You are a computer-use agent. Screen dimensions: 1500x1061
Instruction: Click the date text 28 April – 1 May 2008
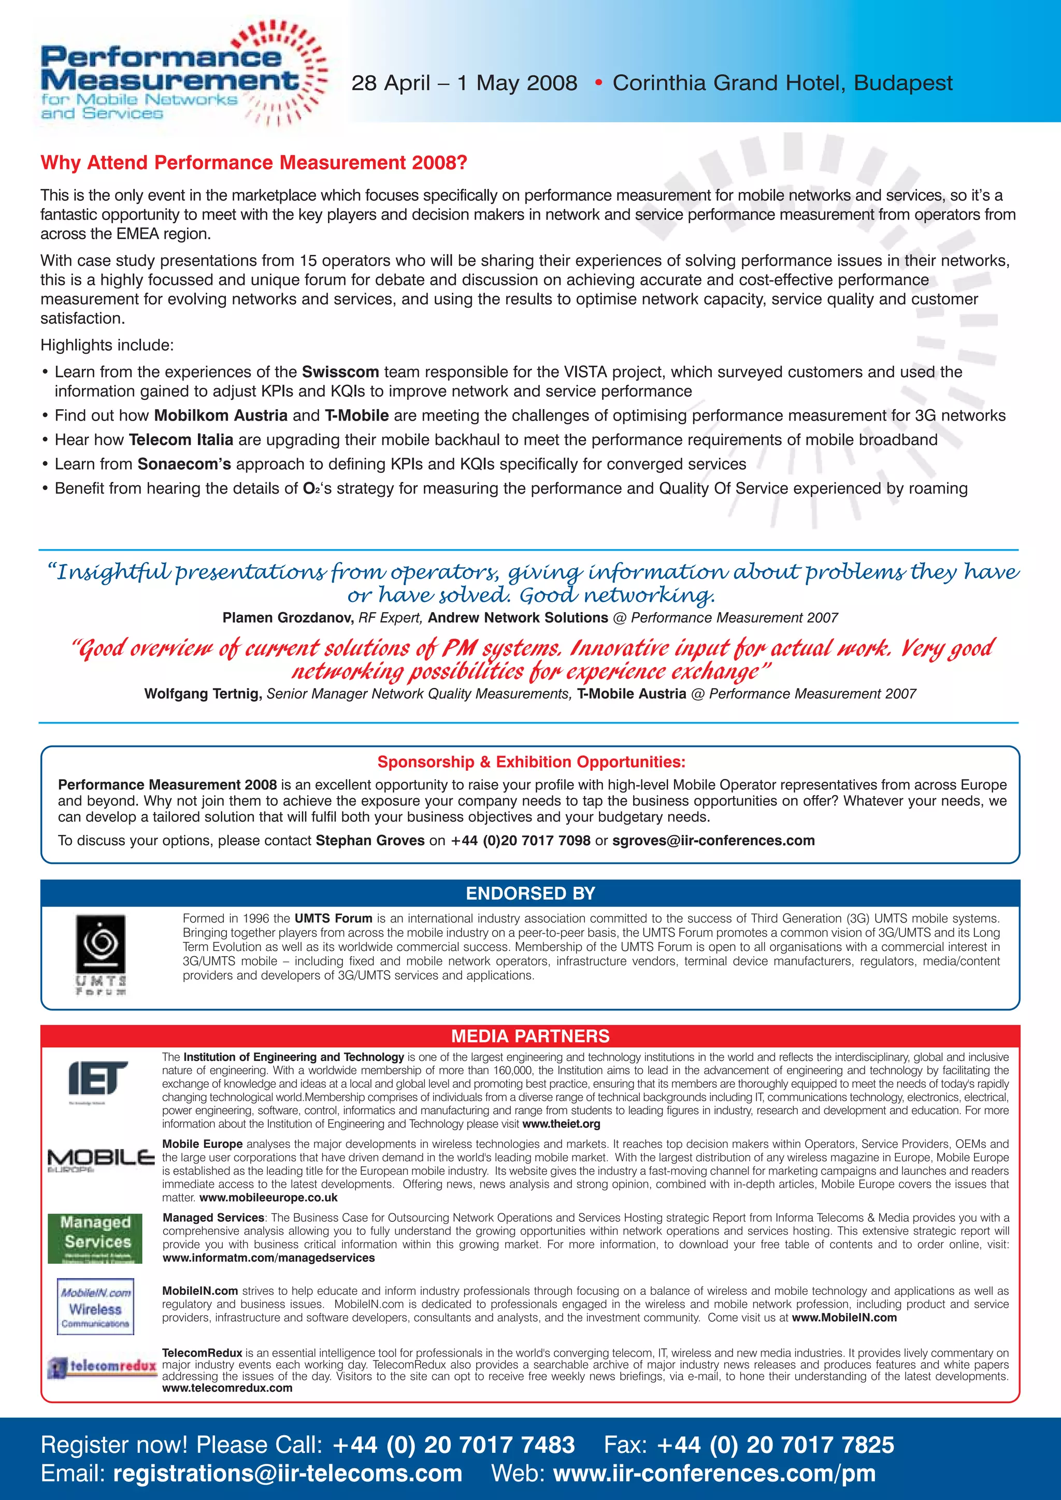[x=464, y=83]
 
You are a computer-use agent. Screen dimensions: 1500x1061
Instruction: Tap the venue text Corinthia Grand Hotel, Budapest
[x=782, y=83]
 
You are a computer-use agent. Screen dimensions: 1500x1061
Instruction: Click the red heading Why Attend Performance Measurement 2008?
[x=253, y=163]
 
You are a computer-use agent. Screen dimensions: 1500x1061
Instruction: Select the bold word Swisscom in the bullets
[x=340, y=372]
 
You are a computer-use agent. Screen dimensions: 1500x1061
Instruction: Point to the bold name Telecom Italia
[x=181, y=440]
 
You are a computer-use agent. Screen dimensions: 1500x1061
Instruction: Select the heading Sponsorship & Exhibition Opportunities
[x=530, y=762]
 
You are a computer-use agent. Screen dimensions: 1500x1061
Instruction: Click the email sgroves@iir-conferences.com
[x=713, y=841]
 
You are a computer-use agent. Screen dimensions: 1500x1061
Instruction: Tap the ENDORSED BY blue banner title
[x=530, y=893]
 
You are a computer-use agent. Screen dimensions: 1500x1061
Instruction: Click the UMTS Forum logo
[x=101, y=954]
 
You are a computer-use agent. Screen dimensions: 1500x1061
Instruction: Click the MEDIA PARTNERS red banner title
[x=530, y=1036]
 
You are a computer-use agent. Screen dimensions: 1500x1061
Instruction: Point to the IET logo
[x=97, y=1079]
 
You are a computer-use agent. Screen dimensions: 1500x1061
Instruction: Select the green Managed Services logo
[x=95, y=1238]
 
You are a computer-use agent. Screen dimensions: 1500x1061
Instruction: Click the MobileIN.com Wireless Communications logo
[x=95, y=1307]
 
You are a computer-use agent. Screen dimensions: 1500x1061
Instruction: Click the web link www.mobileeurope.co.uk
[x=268, y=1198]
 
